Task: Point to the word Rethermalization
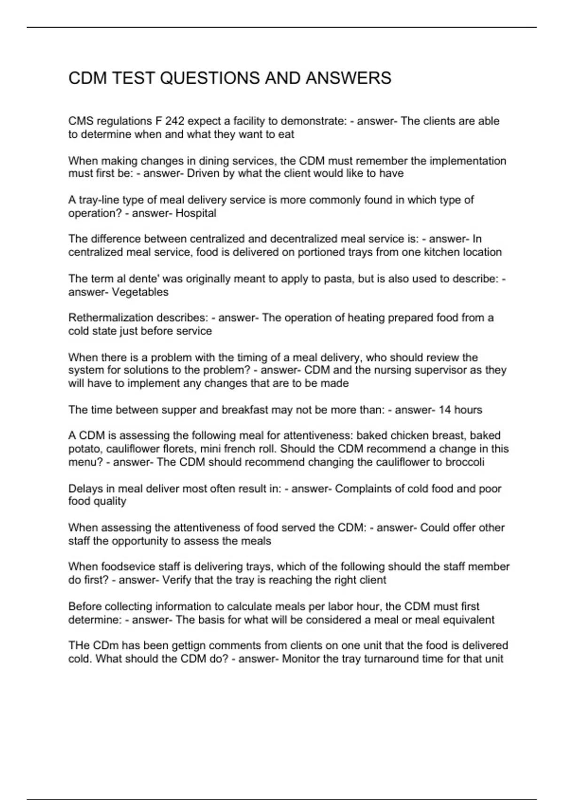click(x=104, y=318)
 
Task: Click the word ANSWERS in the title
click(x=348, y=78)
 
